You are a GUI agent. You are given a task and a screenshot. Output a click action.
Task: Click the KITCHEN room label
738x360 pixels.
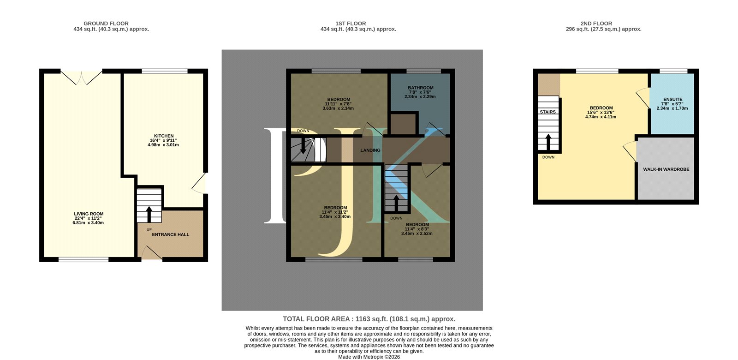coord(164,136)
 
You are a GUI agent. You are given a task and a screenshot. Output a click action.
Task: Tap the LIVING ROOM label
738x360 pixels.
coord(89,214)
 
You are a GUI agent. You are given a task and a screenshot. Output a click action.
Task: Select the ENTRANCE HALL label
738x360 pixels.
coord(170,234)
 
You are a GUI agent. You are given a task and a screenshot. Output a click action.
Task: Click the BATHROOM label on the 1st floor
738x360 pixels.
coord(420,88)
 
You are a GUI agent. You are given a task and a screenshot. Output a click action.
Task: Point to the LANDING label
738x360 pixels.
coord(370,150)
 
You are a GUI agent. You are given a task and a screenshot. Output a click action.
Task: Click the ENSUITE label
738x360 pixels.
coord(673,99)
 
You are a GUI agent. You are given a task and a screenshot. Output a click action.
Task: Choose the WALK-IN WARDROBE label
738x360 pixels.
coord(666,169)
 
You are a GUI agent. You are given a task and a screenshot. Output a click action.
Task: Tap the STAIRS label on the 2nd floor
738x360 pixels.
coord(548,112)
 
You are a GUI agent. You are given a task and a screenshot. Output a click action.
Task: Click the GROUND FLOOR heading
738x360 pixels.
coord(106,24)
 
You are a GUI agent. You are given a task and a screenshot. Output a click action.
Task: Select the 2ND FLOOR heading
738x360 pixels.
coord(596,24)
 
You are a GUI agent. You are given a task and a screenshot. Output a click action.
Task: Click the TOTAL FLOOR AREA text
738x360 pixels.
coord(369,319)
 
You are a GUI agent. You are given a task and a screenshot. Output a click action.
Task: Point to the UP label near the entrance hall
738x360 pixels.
coord(149,229)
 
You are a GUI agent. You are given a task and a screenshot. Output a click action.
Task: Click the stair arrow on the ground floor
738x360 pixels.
coord(149,214)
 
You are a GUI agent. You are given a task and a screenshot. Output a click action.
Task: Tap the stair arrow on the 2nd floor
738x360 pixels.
coord(548,142)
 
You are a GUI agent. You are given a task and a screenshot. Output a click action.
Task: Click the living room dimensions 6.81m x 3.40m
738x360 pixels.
coord(88,222)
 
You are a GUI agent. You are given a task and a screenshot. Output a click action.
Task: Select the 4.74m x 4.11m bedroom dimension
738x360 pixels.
coord(601,117)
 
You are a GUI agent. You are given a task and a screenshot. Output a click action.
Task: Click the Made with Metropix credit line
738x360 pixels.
coord(369,357)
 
